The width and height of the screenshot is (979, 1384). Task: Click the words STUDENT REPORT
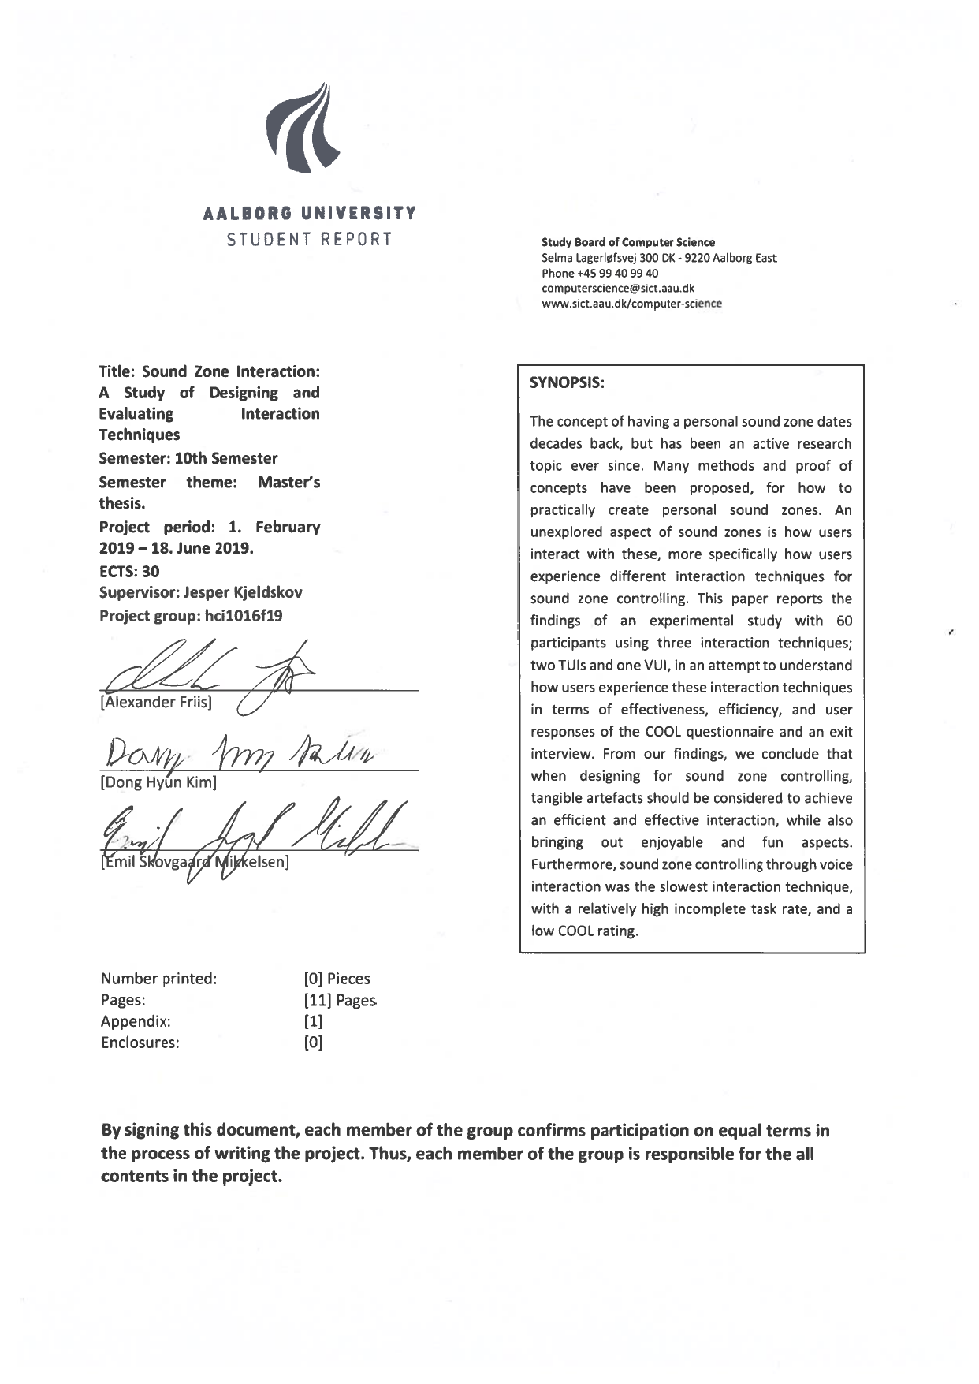click(x=309, y=240)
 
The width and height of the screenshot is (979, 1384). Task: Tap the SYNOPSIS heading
click(x=567, y=382)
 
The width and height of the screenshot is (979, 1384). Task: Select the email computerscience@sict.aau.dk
click(x=617, y=289)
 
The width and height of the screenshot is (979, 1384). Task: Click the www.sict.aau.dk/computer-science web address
click(x=631, y=304)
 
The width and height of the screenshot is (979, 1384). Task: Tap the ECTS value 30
click(x=150, y=572)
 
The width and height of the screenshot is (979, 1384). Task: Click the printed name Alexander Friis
click(x=156, y=703)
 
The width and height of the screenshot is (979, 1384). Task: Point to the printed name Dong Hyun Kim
click(x=158, y=783)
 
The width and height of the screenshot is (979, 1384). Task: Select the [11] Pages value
click(x=340, y=1001)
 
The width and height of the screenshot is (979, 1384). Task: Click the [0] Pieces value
click(x=337, y=979)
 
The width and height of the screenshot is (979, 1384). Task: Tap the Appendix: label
click(x=136, y=1022)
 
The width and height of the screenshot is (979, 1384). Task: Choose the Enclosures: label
click(x=140, y=1043)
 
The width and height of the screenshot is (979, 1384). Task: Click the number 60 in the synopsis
click(x=844, y=621)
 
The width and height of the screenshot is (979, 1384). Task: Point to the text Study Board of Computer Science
click(x=628, y=243)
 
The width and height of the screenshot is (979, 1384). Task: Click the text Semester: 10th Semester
click(x=188, y=459)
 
